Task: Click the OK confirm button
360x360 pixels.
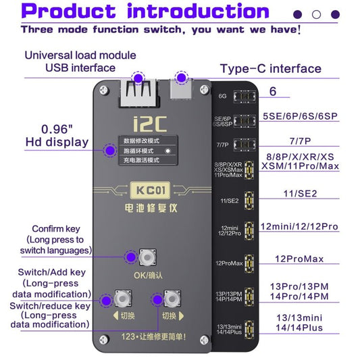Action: [x=144, y=257]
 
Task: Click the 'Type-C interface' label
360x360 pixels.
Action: [x=270, y=68]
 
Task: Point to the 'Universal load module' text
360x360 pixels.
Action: [x=81, y=55]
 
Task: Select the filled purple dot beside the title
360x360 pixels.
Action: [x=298, y=14]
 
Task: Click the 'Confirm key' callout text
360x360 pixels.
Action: [x=57, y=228]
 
